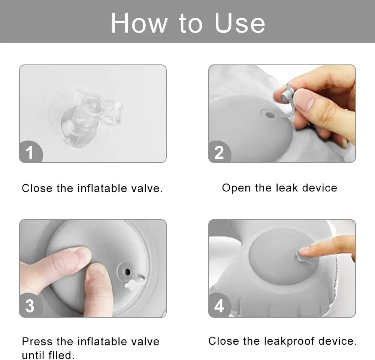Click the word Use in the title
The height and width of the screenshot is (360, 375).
coord(240,23)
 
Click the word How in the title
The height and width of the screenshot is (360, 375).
coord(139,23)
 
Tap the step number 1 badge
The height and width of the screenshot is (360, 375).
coord(30,152)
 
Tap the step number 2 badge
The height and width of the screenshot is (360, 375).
coord(219,152)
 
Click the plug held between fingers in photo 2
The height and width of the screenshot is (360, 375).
coord(288,94)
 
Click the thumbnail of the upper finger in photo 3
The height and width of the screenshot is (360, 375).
coord(82,255)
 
